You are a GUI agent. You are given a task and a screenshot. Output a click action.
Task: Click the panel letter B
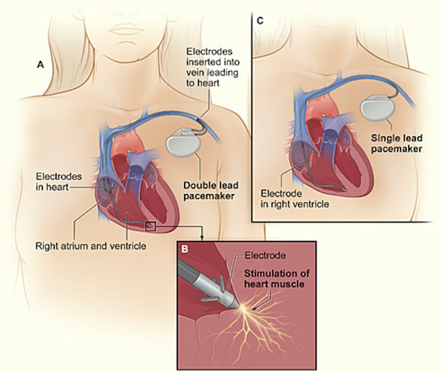[x=184, y=249]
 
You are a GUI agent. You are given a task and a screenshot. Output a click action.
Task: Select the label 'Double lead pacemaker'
[x=211, y=191]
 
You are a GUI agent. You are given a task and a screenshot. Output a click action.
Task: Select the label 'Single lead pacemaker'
[x=396, y=143]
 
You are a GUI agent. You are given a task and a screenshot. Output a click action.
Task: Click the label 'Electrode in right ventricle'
[x=294, y=198]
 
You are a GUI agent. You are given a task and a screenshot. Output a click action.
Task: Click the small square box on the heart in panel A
[x=150, y=226]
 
